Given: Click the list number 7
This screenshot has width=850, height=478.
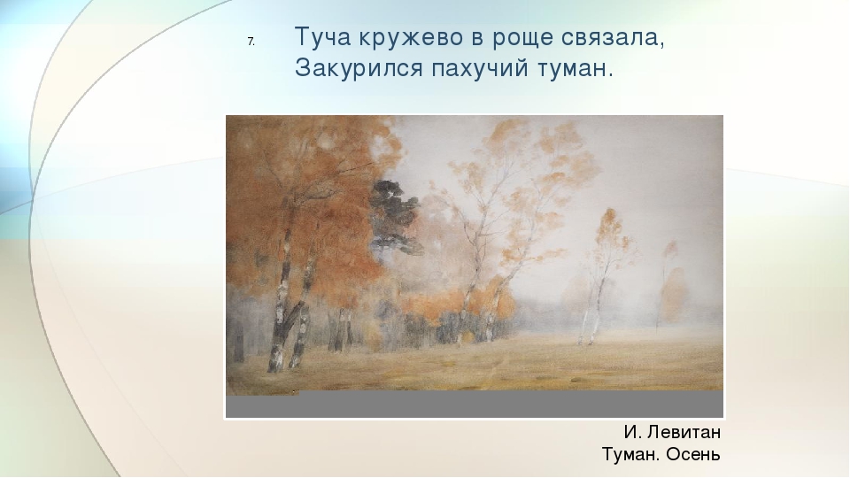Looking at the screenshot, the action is [251, 42].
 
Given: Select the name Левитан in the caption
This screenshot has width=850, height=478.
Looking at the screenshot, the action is [684, 433].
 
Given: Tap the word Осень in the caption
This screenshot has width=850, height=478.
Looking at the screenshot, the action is [692, 454].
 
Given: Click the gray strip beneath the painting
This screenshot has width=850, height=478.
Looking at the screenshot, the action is [475, 405].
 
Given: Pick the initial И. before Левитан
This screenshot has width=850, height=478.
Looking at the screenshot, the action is [632, 433].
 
